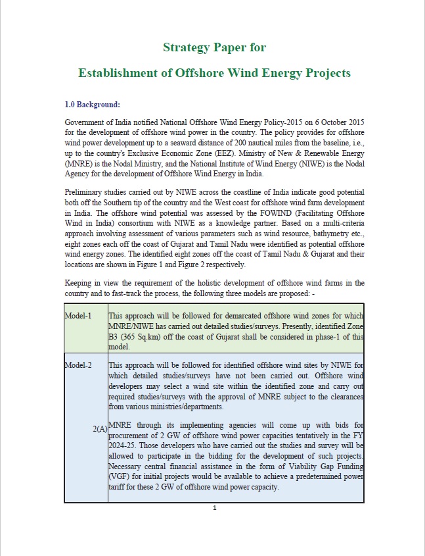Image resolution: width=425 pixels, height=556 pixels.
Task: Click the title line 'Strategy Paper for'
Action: coord(214,47)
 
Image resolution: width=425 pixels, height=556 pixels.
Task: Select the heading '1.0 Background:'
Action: coord(92,105)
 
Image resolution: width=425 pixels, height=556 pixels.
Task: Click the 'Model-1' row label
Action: coord(78,316)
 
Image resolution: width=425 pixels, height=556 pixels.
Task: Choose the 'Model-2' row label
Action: coord(78,365)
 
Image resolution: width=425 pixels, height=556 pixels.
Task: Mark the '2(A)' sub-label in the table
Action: coord(100,429)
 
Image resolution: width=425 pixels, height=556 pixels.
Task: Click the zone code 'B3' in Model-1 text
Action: coord(115,336)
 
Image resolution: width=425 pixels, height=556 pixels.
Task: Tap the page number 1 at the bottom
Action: coord(214,508)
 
